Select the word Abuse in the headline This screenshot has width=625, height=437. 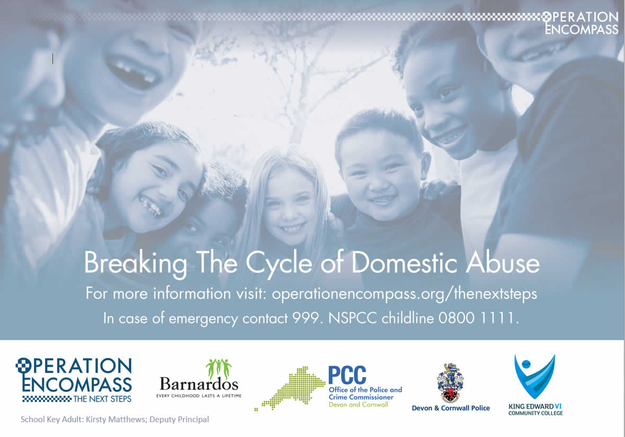coord(503,263)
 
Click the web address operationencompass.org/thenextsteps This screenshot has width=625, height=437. coord(404,294)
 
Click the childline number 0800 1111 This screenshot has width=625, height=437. coord(478,318)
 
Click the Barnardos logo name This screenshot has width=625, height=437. coord(199,384)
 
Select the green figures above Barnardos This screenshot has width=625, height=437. coord(219,368)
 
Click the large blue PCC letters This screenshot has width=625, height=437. coord(347,375)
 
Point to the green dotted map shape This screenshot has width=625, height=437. coord(290,388)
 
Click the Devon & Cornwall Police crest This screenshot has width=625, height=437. coord(450,383)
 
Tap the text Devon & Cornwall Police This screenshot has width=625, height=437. coord(451,408)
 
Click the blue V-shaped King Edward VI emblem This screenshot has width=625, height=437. coord(534,376)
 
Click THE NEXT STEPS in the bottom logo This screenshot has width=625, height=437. coord(102,399)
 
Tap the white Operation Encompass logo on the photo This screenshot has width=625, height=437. coord(581,23)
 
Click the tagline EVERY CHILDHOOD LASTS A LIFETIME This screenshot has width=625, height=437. coord(199,396)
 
